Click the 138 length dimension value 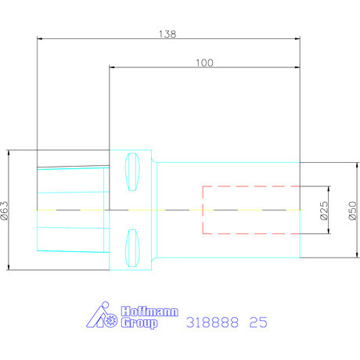click(x=167, y=34)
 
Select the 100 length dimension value click(x=204, y=63)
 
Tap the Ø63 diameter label click(x=5, y=211)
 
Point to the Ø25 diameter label click(x=324, y=211)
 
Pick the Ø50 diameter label click(x=352, y=211)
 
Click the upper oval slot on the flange click(x=132, y=172)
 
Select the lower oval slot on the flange click(x=132, y=248)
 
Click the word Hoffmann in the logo click(x=149, y=311)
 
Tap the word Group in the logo click(x=139, y=323)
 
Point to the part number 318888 click(x=212, y=322)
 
